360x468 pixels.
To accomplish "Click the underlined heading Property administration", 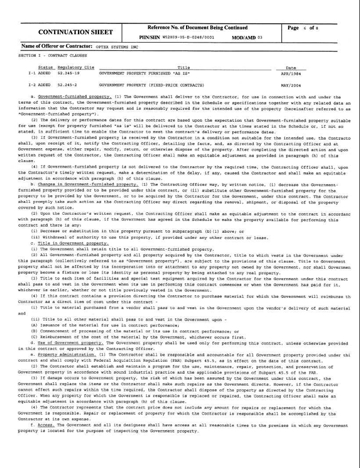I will [67, 337].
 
